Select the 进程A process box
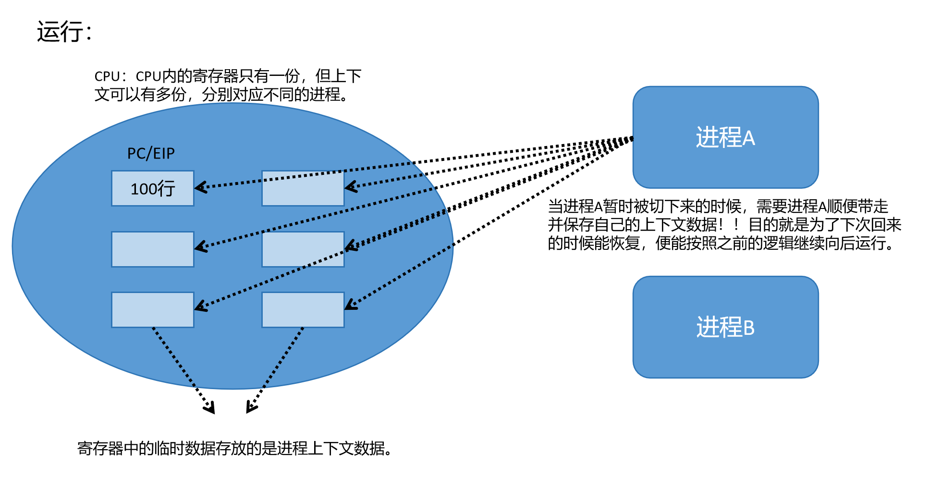click(725, 137)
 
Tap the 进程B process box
click(725, 327)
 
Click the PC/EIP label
click(151, 153)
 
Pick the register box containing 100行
click(153, 188)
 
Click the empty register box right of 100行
click(303, 188)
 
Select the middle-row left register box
click(153, 249)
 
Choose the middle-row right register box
click(303, 249)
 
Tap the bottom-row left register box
click(153, 310)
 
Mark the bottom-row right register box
click(303, 310)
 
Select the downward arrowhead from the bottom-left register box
click(210, 409)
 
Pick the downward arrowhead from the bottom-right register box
click(250, 408)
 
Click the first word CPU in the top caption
click(107, 76)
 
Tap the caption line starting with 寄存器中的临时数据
click(235, 448)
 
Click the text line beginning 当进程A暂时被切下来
click(718, 207)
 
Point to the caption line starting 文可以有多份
click(221, 95)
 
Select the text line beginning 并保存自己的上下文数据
click(724, 225)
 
